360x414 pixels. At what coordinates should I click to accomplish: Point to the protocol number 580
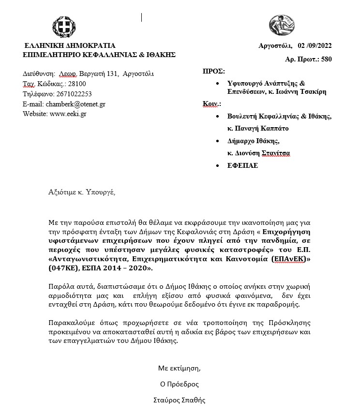point(327,59)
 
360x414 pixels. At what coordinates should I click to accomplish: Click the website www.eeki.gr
point(68,114)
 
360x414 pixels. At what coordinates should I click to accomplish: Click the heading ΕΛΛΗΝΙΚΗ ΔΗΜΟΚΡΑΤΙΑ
point(70,46)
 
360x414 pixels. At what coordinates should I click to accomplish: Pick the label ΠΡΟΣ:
point(213,71)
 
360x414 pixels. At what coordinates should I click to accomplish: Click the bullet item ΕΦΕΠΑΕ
point(243,165)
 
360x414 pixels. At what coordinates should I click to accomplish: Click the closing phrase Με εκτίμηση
point(179,369)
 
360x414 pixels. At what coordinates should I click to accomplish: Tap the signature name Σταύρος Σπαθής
point(179,400)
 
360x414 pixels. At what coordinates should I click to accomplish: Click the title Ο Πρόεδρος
point(179,384)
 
